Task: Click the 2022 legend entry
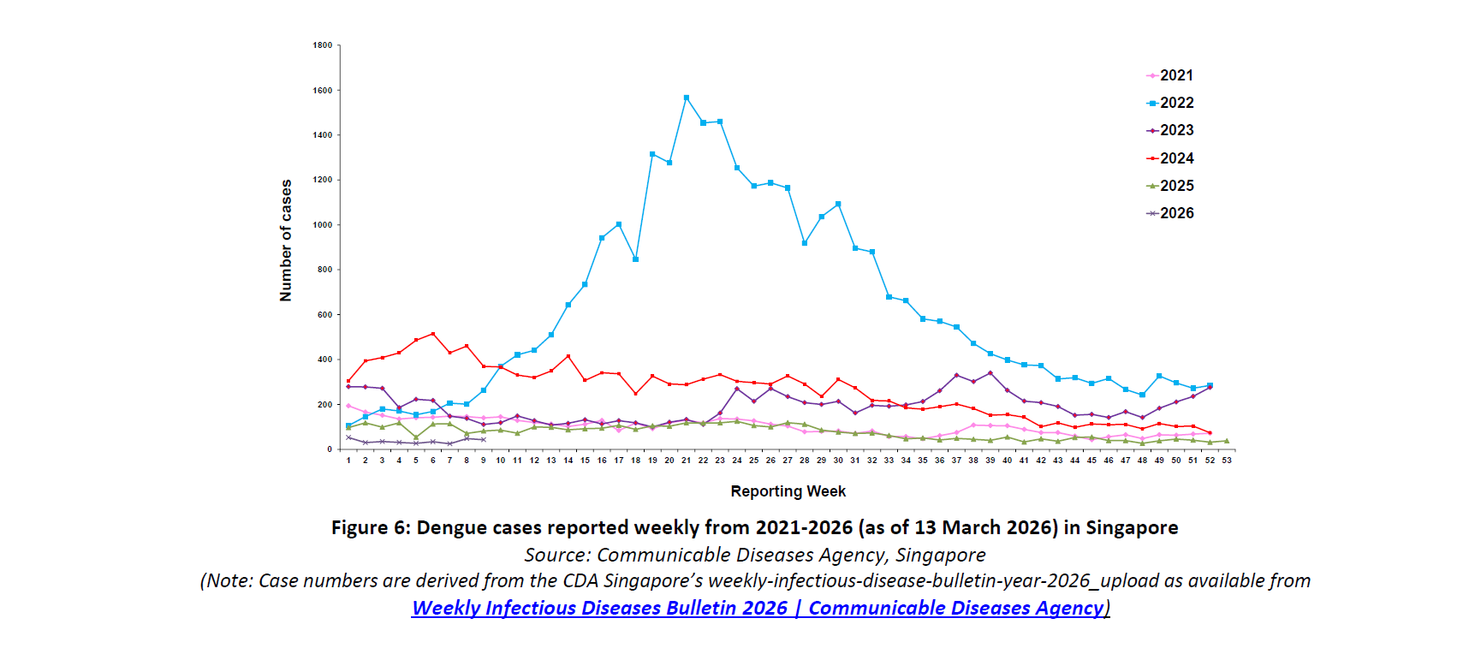[1170, 103]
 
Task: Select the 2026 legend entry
[1170, 213]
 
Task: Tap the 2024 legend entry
[1170, 158]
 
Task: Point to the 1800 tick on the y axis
[323, 45]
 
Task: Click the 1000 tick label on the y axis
[323, 225]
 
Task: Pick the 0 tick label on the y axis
[330, 449]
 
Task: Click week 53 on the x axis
[1227, 461]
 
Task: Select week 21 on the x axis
[686, 461]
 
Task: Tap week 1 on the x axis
[348, 461]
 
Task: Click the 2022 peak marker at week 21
[687, 98]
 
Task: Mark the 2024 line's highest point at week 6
[433, 334]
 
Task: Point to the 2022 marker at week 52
[1210, 385]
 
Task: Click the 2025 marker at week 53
[1227, 441]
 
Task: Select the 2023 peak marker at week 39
[990, 373]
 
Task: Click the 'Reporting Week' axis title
[788, 491]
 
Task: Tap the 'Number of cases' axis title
[286, 241]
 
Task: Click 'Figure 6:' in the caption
[371, 527]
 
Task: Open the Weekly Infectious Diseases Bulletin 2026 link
[758, 608]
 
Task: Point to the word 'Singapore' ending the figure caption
[1132, 527]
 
